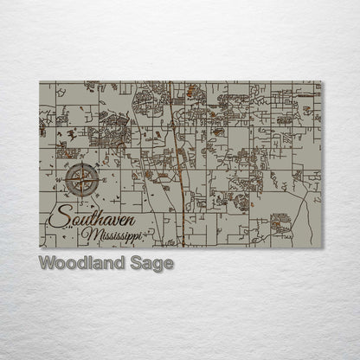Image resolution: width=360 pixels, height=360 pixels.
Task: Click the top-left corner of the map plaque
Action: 40,82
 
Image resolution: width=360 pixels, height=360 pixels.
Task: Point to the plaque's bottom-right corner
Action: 321,247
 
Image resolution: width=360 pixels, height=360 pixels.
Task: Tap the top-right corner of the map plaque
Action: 321,82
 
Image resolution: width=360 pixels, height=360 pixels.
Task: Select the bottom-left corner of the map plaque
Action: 40,247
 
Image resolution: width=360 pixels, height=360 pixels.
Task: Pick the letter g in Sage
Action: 157,266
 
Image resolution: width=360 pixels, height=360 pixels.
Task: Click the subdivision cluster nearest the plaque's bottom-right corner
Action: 281,226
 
